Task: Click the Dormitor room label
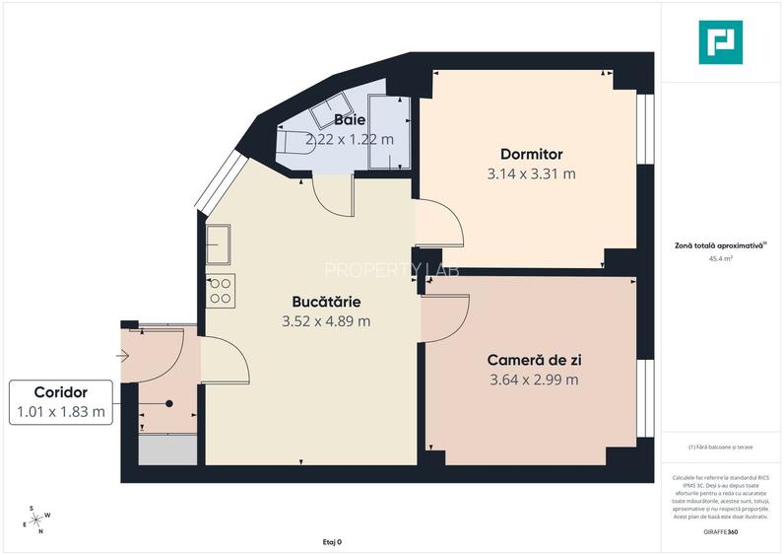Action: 531,154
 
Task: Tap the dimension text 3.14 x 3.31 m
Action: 531,173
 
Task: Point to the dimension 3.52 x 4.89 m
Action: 326,320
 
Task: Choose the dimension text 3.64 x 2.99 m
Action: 534,380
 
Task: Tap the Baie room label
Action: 349,119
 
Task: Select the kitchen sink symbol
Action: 218,244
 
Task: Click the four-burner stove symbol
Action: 220,290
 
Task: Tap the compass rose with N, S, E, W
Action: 39,520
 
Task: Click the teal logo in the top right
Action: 721,42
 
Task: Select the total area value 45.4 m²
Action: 721,259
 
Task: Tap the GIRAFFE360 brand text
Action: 721,532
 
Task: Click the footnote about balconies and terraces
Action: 721,447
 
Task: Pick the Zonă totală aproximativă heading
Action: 719,245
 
